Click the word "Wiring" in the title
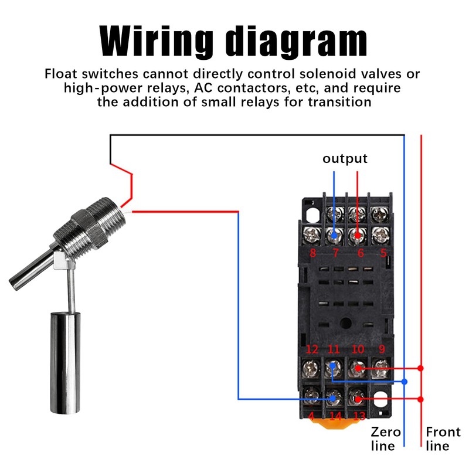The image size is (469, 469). coord(156,41)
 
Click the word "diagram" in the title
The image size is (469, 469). coord(297,41)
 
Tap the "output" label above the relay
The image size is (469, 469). coord(345,158)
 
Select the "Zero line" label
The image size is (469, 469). coord(386,439)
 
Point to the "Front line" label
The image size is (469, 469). coord(443,439)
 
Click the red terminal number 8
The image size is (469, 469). coord(312,253)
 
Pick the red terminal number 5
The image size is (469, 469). coord(383,253)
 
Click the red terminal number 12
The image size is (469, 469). coord(312,349)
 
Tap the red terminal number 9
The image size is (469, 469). coord(382,349)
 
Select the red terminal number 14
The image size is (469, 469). coord(335,416)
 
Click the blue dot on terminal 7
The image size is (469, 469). coord(334,236)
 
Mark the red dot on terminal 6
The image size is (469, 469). coord(357,236)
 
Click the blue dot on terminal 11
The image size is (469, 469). coord(332,365)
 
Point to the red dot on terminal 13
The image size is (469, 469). coord(358,399)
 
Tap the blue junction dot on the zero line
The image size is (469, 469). coord(405,382)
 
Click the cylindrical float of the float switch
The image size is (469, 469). coord(65,363)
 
